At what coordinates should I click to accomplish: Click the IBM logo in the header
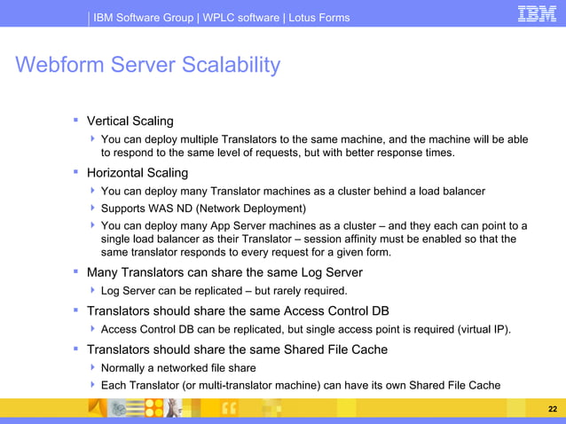(x=537, y=14)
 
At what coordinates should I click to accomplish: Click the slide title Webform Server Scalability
(x=147, y=65)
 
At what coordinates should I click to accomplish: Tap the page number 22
(x=553, y=409)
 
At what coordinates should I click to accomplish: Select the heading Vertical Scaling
(x=130, y=121)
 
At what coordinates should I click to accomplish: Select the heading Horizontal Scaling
(x=137, y=173)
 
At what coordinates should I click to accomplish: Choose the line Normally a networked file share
(x=178, y=367)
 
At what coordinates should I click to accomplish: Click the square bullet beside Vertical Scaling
(x=76, y=119)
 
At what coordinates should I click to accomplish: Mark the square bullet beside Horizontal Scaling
(x=76, y=171)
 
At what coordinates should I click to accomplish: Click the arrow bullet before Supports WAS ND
(x=93, y=208)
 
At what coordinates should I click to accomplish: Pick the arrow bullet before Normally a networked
(x=93, y=367)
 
